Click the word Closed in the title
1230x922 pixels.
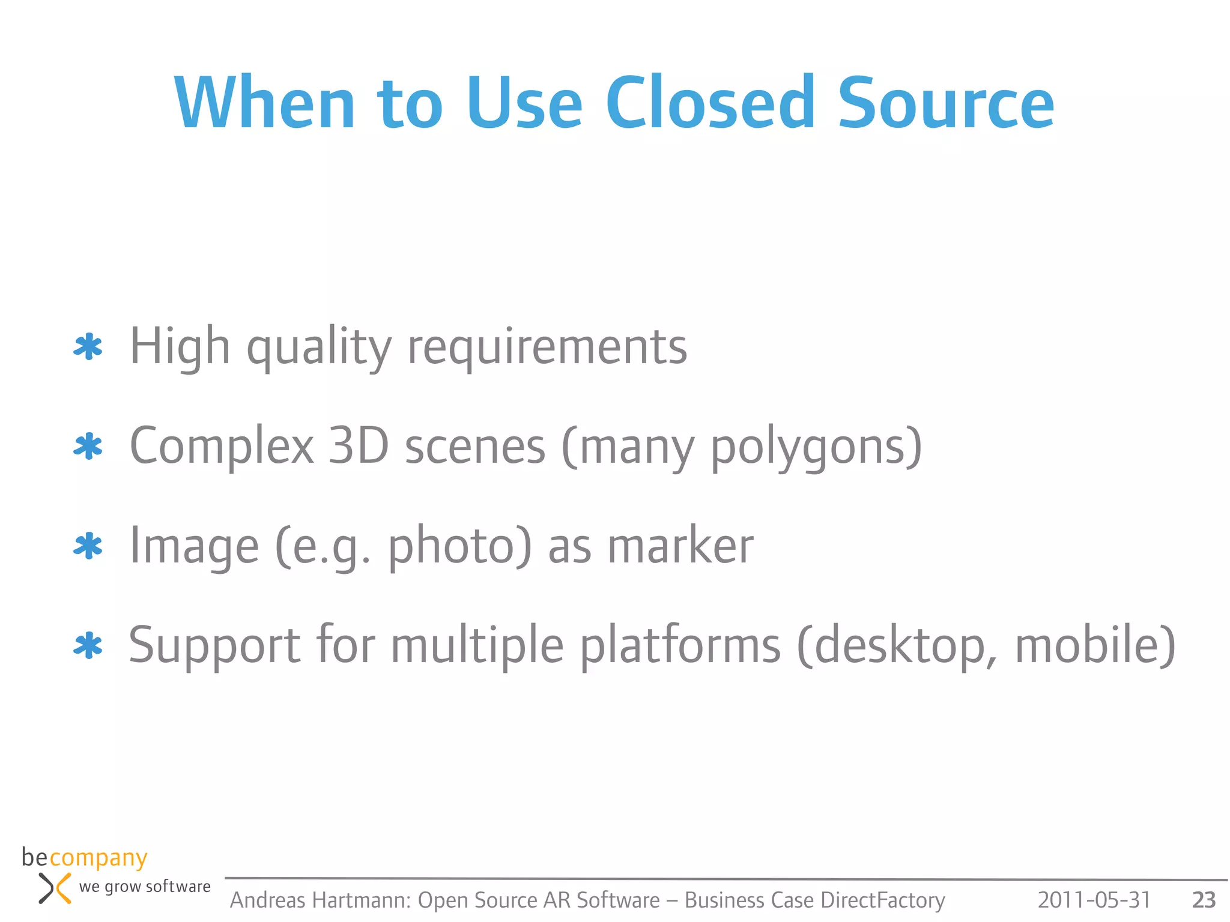(710, 103)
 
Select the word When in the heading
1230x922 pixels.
(265, 103)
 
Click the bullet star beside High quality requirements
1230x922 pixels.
(88, 347)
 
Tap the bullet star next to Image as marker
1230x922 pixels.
(88, 546)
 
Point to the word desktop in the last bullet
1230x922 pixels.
(900, 646)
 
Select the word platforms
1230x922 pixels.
(680, 646)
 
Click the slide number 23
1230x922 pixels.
(1204, 900)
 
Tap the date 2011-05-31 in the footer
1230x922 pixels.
(1094, 900)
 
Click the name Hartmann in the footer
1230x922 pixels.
(361, 900)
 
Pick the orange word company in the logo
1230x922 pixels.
(98, 859)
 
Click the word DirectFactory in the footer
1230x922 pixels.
(882, 900)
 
